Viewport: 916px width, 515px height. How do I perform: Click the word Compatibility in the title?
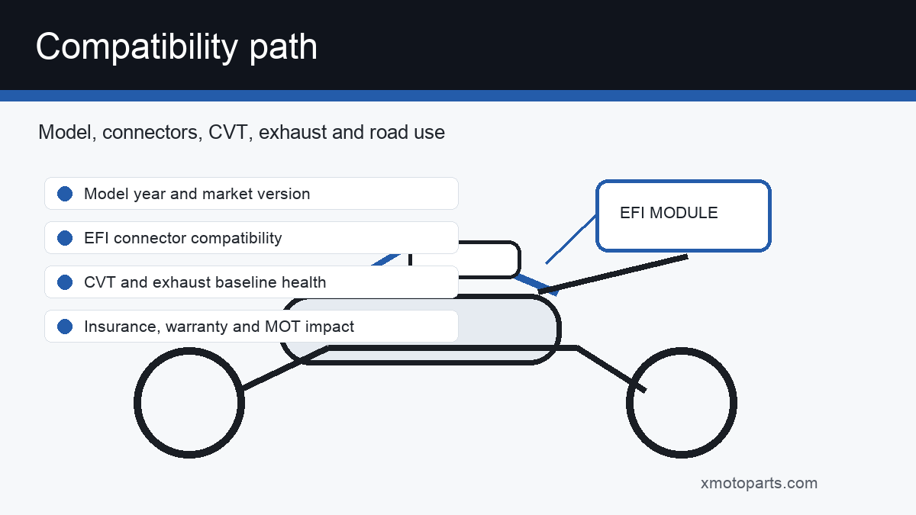coord(137,47)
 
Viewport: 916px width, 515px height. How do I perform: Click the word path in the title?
coord(283,47)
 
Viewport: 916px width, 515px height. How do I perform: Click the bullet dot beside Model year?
coord(65,194)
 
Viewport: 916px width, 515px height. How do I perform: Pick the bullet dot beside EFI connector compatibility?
coord(65,238)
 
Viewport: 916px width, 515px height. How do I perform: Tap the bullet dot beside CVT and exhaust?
coord(65,282)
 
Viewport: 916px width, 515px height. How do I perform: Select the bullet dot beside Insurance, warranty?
coord(65,327)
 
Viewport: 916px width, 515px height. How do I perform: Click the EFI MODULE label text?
coord(669,213)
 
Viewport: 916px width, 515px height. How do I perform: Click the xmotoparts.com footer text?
coord(759,483)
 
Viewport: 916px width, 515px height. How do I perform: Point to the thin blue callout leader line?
coord(571,240)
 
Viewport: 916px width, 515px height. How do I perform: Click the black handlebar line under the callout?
coord(613,274)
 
